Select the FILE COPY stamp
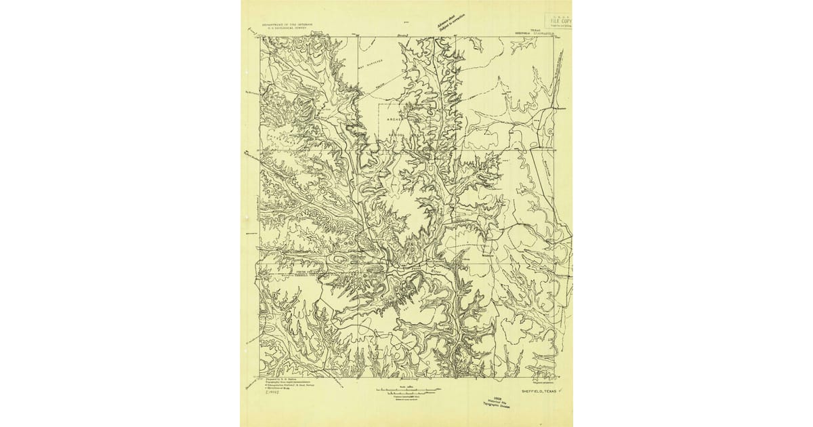point(559,21)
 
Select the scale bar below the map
point(406,390)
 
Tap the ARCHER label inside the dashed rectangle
point(394,120)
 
